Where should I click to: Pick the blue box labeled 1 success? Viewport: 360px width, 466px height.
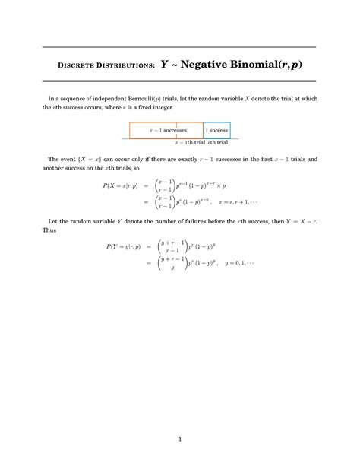click(x=216, y=130)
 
